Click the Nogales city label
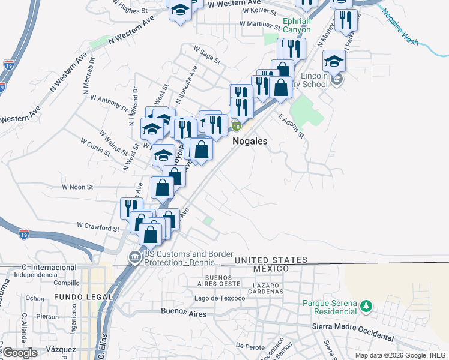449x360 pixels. point(249,140)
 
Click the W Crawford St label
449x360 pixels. point(99,227)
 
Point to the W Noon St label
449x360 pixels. point(77,187)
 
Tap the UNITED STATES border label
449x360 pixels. point(271,260)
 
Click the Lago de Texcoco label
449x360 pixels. point(220,298)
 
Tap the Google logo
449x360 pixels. point(20,353)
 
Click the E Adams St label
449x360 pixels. point(292,126)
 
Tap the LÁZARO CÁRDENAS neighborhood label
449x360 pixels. point(268,287)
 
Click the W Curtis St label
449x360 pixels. point(95,146)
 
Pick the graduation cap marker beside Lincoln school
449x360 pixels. point(334,62)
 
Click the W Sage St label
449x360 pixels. point(207,55)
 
